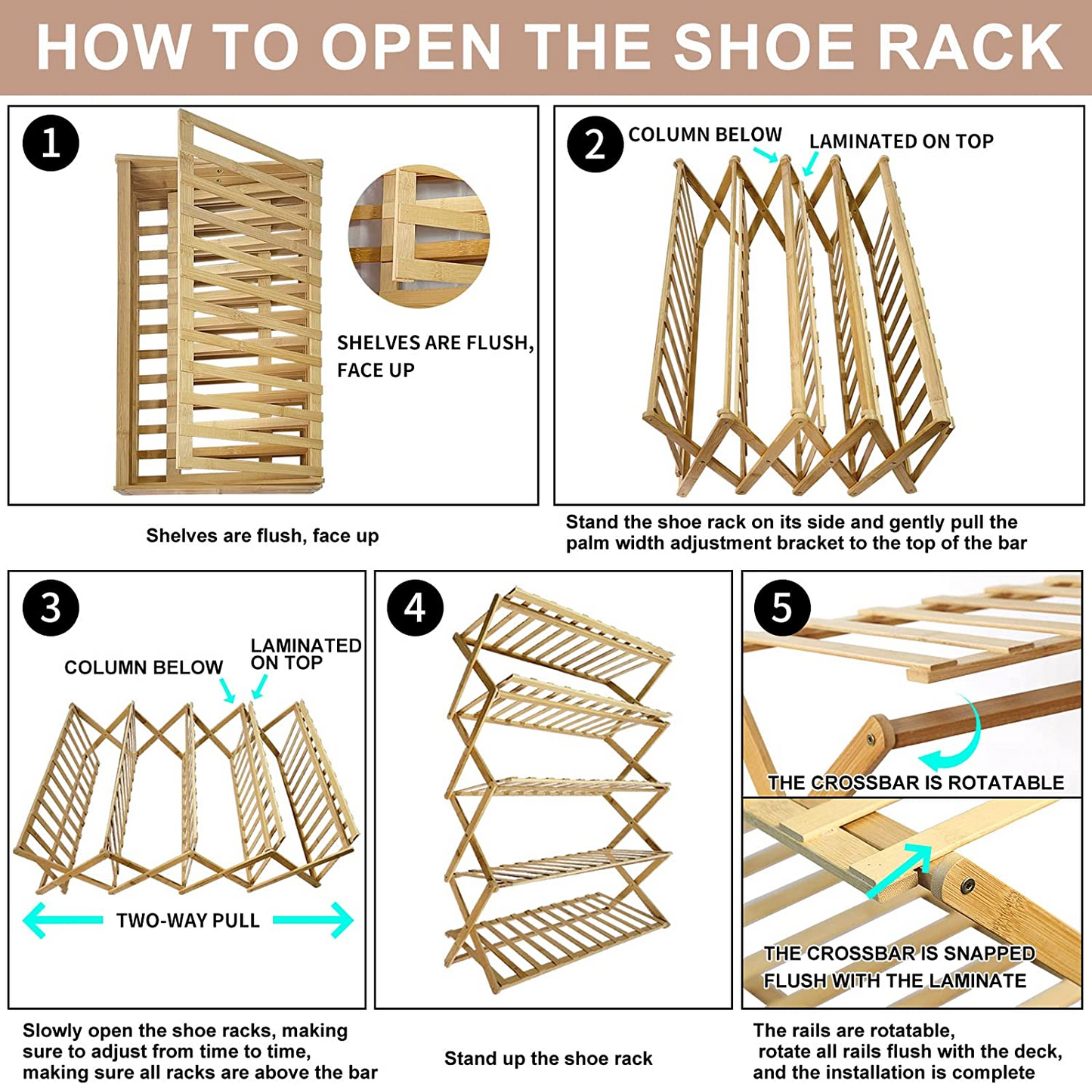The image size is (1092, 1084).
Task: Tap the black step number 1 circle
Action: tap(51, 143)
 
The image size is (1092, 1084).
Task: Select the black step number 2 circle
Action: tap(595, 144)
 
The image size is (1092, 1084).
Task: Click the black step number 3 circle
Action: tap(51, 608)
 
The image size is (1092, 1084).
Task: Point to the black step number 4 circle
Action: tap(415, 608)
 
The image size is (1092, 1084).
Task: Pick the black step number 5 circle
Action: tap(781, 608)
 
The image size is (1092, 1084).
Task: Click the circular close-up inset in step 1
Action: tap(419, 237)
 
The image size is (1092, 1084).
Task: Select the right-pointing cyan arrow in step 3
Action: tap(314, 920)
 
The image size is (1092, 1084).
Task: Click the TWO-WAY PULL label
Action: tap(187, 921)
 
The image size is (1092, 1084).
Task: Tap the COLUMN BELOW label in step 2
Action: tap(704, 135)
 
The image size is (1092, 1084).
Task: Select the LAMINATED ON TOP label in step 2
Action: tap(901, 141)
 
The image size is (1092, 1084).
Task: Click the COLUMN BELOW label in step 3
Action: tap(143, 667)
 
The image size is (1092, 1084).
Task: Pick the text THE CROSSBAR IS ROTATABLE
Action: tap(915, 783)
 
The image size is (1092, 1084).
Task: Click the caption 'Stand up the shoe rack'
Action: tap(548, 1058)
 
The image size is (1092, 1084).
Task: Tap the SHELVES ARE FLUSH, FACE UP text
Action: tap(435, 356)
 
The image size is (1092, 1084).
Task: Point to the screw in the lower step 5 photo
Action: tap(968, 885)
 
